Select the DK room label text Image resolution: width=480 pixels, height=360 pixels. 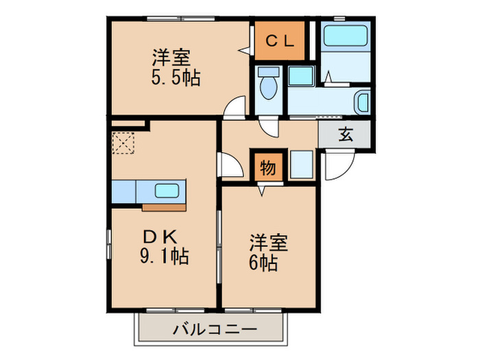tap(162, 237)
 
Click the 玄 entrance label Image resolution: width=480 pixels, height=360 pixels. tap(344, 134)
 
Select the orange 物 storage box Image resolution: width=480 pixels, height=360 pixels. tap(267, 167)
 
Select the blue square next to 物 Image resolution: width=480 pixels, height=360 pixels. tap(300, 165)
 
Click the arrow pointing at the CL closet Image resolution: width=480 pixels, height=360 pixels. tap(243, 49)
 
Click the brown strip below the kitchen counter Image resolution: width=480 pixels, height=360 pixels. tap(163, 204)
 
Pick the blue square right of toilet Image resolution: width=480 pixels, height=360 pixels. tap(300, 76)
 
